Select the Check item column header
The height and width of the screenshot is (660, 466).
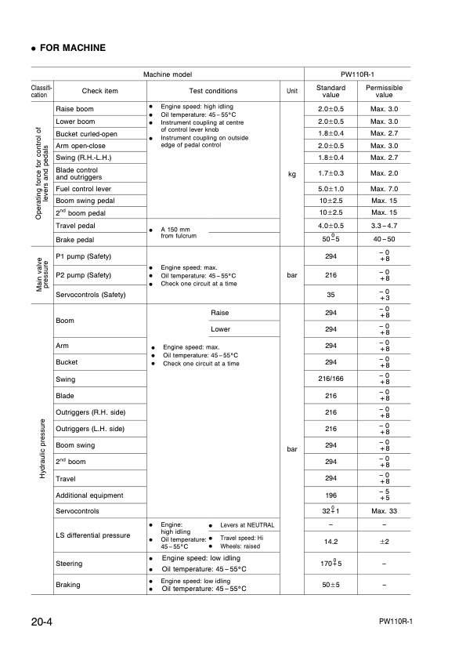point(100,91)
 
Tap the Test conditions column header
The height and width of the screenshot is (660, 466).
point(213,91)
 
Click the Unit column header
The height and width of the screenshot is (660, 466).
point(292,91)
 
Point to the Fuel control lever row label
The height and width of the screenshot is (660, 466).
point(84,188)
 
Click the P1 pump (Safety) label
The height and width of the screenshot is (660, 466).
point(84,257)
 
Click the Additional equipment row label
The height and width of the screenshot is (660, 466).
point(89,495)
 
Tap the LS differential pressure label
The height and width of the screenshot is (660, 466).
point(93,535)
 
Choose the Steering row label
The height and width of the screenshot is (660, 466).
point(70,563)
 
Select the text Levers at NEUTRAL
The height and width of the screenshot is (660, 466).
point(247,524)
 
